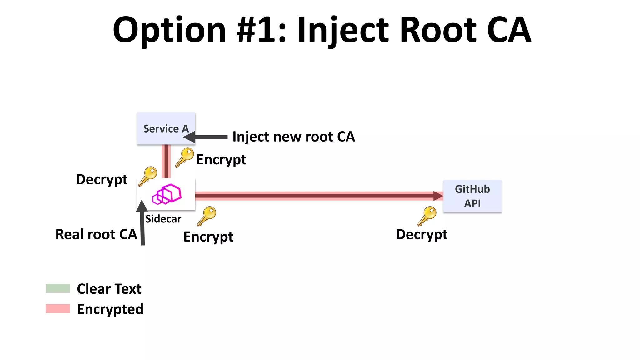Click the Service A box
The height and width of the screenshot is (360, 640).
(x=166, y=128)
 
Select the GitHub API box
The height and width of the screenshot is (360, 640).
(x=472, y=196)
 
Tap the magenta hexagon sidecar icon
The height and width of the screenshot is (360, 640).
(x=167, y=194)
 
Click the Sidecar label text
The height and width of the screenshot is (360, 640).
(x=163, y=219)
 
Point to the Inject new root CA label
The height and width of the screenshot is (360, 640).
(x=294, y=137)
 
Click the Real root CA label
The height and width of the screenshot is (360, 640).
(x=96, y=234)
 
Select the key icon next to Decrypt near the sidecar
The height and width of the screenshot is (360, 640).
(x=148, y=176)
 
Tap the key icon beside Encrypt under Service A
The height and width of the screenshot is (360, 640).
(x=185, y=157)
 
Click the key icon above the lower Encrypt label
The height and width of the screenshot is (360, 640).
(x=207, y=216)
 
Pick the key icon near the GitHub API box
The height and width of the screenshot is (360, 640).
(x=427, y=216)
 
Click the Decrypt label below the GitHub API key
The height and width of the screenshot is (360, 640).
(x=422, y=234)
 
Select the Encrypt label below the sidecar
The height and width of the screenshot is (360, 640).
(x=208, y=237)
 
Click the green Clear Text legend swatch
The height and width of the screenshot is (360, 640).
(x=58, y=288)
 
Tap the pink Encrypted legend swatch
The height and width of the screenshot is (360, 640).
(x=58, y=309)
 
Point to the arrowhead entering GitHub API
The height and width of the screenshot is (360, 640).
(x=438, y=196)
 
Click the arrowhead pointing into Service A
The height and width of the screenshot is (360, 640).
(x=189, y=137)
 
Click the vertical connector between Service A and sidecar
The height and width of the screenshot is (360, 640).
(x=166, y=161)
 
